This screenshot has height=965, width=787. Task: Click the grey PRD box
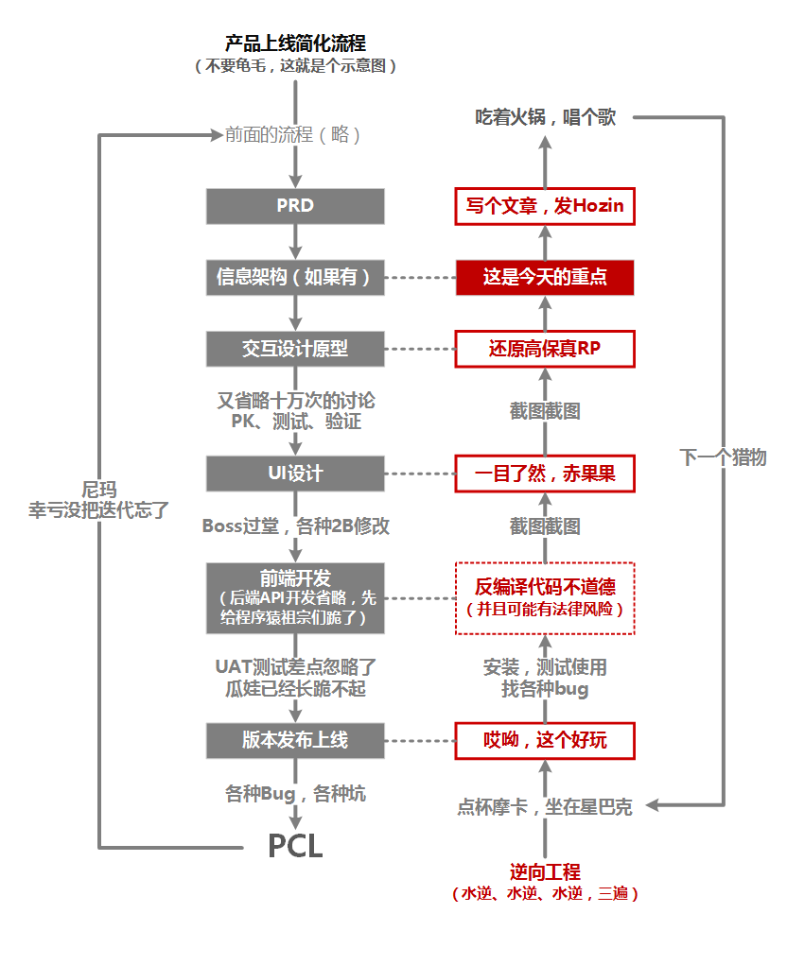(x=295, y=206)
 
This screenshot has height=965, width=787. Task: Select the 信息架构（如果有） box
(x=295, y=278)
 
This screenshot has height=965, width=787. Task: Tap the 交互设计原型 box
(x=295, y=349)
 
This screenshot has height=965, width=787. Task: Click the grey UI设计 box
(x=295, y=474)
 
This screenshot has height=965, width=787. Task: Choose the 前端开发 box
(x=295, y=597)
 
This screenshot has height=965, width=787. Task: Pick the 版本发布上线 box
(x=295, y=740)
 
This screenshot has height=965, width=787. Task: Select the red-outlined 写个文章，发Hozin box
(x=544, y=206)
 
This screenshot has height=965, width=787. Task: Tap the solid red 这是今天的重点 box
(x=544, y=278)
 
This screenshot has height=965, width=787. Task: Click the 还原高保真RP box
(x=544, y=349)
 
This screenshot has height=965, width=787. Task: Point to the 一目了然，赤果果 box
(x=544, y=474)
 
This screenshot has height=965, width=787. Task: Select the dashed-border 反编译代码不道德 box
(x=544, y=597)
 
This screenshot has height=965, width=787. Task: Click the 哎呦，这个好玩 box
(x=544, y=740)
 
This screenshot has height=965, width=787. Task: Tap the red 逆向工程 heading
(x=544, y=871)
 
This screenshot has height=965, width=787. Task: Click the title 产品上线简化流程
(x=295, y=43)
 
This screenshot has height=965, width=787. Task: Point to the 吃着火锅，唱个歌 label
(x=545, y=117)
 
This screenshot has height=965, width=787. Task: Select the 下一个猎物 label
(x=724, y=458)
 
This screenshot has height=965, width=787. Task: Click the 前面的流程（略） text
(x=293, y=134)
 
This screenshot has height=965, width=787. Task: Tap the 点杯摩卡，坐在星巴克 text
(x=545, y=807)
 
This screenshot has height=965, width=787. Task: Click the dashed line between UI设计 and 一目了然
(x=420, y=474)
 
